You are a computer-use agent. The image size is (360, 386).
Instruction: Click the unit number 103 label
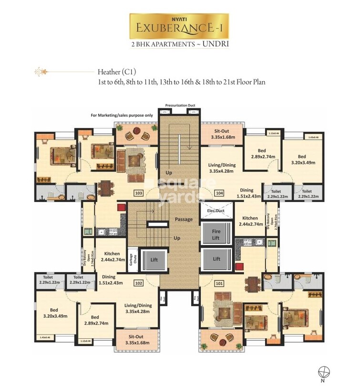pos(139,193)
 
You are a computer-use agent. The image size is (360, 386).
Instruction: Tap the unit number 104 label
pos(219,193)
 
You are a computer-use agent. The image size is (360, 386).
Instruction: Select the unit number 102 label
pos(139,283)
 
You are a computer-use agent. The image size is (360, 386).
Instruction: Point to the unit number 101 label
pos(219,283)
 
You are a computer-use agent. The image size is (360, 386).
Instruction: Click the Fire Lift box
pos(216,234)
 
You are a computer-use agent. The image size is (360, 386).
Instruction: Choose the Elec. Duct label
pos(216,210)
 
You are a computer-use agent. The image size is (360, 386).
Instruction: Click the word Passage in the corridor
pos(184,219)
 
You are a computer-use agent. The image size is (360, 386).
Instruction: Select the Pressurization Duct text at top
pos(180,105)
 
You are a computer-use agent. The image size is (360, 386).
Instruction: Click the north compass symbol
pos(323,371)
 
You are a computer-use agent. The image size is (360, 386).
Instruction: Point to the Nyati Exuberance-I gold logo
pos(180,26)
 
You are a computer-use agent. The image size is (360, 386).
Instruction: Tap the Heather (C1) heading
pos(117,72)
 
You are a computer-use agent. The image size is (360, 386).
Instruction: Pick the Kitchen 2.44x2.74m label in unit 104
pos(250,221)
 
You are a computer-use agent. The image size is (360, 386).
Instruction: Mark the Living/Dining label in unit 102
pos(138,309)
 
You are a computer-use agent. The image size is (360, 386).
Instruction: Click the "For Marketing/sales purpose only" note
pos(122,115)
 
